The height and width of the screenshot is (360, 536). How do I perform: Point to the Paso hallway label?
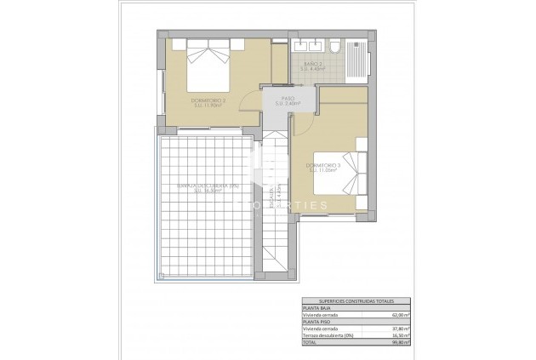(x=288, y=101)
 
